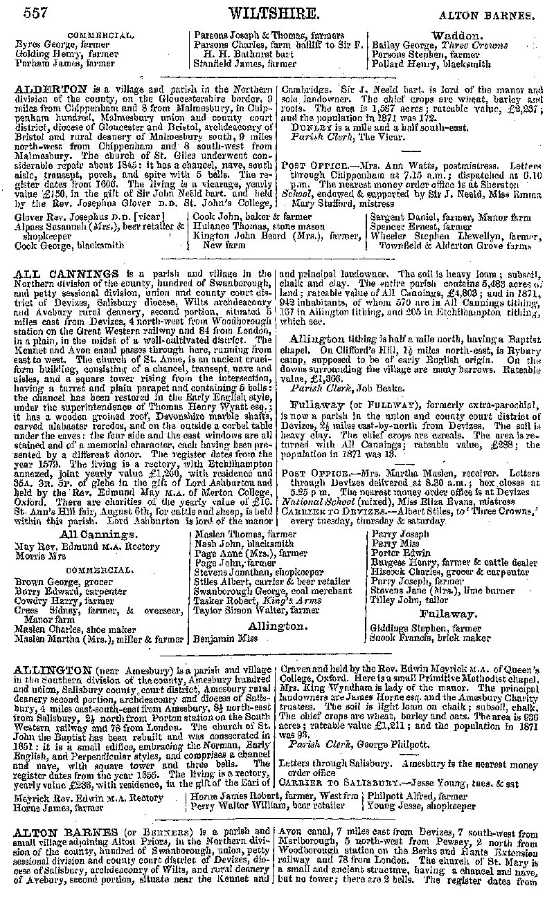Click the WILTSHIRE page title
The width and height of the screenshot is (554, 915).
click(x=274, y=12)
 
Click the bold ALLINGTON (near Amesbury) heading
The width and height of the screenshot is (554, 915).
click(x=53, y=670)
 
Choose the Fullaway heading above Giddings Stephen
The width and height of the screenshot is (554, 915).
click(x=447, y=613)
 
